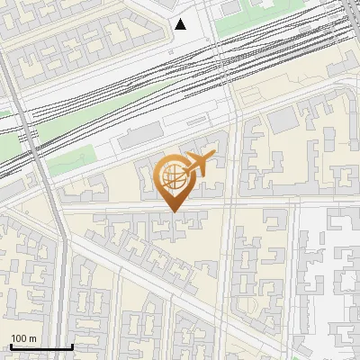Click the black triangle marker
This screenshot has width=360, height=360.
pyautogui.click(x=181, y=24)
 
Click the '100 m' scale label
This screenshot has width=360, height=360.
pyautogui.click(x=24, y=337)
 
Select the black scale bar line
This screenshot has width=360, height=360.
pyautogui.click(x=41, y=346)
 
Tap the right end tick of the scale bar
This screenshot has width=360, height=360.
pyautogui.click(x=72, y=345)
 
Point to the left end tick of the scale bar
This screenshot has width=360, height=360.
pyautogui.click(x=11, y=345)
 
